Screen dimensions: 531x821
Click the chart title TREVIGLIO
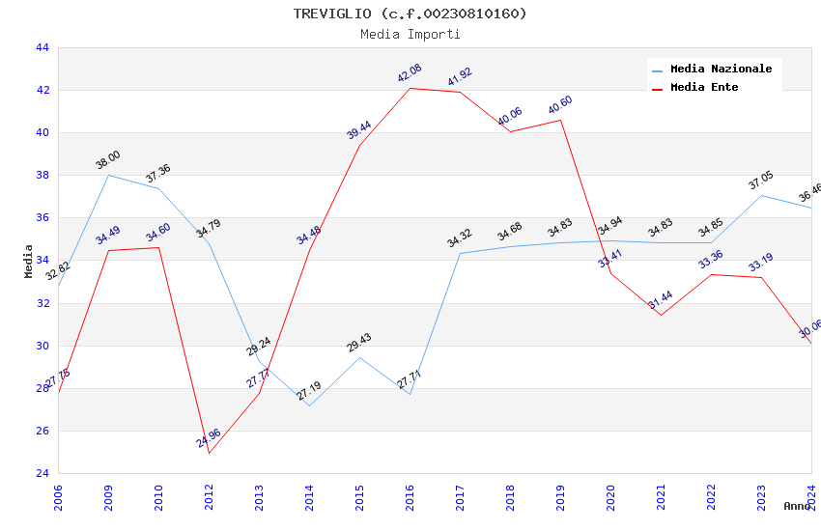pos(410,14)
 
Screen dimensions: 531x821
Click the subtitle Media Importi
pos(410,34)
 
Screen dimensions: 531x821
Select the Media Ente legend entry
pos(704,87)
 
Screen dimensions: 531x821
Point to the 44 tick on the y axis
pos(42,47)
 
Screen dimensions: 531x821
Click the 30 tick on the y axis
pos(42,346)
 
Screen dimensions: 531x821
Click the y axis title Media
pos(29,261)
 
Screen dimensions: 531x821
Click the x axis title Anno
pos(797,506)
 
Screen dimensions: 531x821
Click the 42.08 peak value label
pos(410,73)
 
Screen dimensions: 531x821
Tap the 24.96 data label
pos(209,438)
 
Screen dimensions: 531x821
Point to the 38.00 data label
pos(108,160)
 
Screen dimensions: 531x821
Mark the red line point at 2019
pos(560,120)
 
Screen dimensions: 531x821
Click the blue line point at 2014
pos(309,405)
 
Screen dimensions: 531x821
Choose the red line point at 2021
pos(661,315)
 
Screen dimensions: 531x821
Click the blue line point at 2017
pos(460,253)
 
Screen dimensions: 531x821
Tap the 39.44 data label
pos(359,130)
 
